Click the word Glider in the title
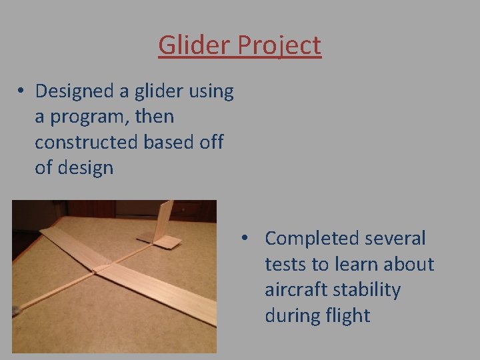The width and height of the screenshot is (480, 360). pyautogui.click(x=189, y=45)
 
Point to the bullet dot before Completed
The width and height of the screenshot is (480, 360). pyautogui.click(x=245, y=239)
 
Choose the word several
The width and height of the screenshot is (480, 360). pyautogui.click(x=396, y=238)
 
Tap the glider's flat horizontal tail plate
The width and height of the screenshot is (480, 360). pyautogui.click(x=166, y=241)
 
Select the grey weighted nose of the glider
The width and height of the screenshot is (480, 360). pyautogui.click(x=16, y=311)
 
